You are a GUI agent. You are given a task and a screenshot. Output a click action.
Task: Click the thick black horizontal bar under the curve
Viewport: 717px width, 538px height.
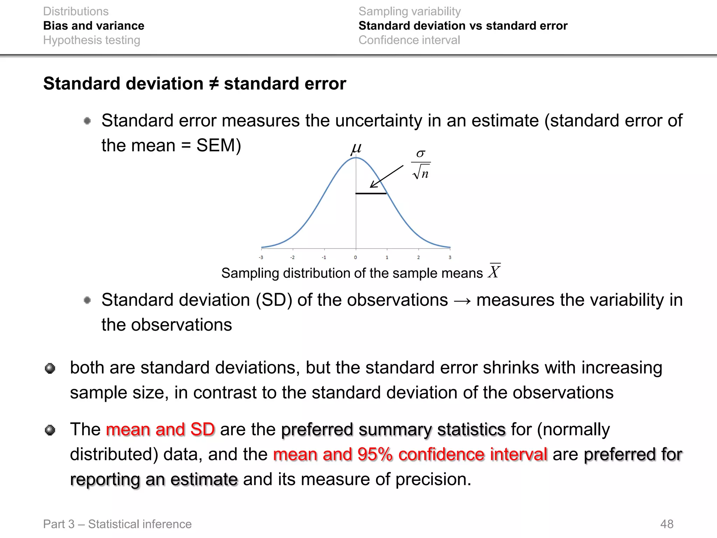[x=371, y=193]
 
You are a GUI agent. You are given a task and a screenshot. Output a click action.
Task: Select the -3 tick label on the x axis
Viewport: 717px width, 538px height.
[x=261, y=257]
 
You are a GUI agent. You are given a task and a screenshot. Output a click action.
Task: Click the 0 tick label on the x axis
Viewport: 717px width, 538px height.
[x=355, y=257]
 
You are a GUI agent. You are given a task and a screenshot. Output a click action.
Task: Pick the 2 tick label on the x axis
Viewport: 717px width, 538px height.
[x=418, y=257]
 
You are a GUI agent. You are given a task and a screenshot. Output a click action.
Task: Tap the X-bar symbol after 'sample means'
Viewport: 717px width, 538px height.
[x=494, y=271]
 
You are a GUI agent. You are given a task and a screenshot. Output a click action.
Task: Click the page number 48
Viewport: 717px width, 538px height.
[x=667, y=524]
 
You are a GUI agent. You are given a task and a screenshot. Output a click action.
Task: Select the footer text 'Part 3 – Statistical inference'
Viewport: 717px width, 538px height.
[x=117, y=524]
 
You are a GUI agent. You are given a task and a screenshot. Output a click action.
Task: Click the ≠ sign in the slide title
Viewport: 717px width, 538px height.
[x=214, y=84]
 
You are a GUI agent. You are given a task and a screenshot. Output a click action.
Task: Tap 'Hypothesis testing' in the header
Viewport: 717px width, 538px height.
[x=91, y=40]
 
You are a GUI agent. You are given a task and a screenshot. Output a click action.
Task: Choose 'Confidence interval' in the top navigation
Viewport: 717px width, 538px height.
[x=409, y=40]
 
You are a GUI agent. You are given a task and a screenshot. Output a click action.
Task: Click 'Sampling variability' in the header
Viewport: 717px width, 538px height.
[x=409, y=11]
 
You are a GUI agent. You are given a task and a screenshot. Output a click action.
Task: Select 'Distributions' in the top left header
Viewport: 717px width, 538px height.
[x=76, y=11]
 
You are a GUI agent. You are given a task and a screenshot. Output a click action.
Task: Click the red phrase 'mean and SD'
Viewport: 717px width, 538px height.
[x=160, y=429]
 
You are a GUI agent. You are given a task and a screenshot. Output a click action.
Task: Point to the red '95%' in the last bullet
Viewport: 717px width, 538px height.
[x=375, y=455]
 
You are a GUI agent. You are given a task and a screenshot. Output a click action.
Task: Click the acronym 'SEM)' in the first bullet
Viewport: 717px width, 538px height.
[x=219, y=145]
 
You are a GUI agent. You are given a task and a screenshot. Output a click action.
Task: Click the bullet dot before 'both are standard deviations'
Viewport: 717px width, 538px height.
[x=50, y=368]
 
